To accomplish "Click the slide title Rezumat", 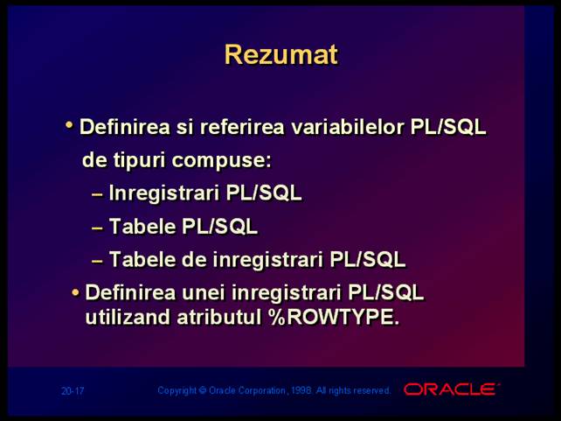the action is coord(281,55).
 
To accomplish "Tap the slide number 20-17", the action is coord(73,390).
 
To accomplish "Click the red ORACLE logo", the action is coord(452,389).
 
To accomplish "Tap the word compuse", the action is coord(221,160).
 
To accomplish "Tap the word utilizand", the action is coord(128,317).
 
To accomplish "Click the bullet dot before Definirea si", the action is coord(69,124).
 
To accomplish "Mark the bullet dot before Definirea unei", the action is coord(75,292).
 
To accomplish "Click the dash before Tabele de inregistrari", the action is coord(97,261).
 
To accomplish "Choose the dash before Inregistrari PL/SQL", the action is coord(97,194).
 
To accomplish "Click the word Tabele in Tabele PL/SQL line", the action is coord(142,227).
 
